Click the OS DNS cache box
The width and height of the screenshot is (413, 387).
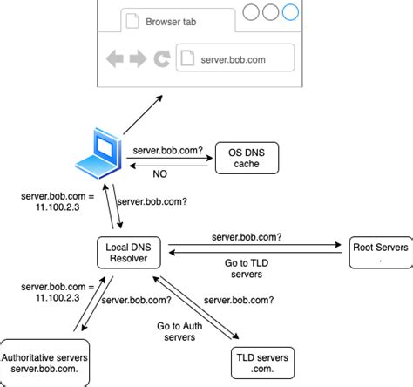point(247,158)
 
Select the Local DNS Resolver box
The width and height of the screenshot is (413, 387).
point(129,253)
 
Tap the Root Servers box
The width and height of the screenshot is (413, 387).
point(381,253)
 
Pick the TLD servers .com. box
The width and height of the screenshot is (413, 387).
point(262,363)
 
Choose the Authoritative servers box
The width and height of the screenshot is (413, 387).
point(44,363)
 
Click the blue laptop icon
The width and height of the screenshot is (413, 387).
point(98,153)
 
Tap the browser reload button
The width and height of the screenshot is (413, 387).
point(162,59)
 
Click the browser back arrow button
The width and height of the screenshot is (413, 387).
point(115,59)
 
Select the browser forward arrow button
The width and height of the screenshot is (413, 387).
point(138,59)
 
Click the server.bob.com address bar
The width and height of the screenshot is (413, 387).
point(235,58)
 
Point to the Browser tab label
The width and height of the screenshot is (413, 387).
point(171,22)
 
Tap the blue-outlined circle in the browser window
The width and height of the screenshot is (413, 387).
point(290,12)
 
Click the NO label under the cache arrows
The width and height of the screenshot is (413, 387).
point(160,173)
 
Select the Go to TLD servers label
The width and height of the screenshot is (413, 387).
point(247,268)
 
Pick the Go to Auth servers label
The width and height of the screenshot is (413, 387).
point(179,331)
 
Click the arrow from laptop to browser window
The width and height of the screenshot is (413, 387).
point(143,115)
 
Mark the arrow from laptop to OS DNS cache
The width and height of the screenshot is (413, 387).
point(170,158)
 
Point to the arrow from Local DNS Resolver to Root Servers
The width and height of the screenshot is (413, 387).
point(254,245)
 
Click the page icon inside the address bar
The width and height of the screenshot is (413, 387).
point(187,58)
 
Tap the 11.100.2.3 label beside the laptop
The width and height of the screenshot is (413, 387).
point(58,207)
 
